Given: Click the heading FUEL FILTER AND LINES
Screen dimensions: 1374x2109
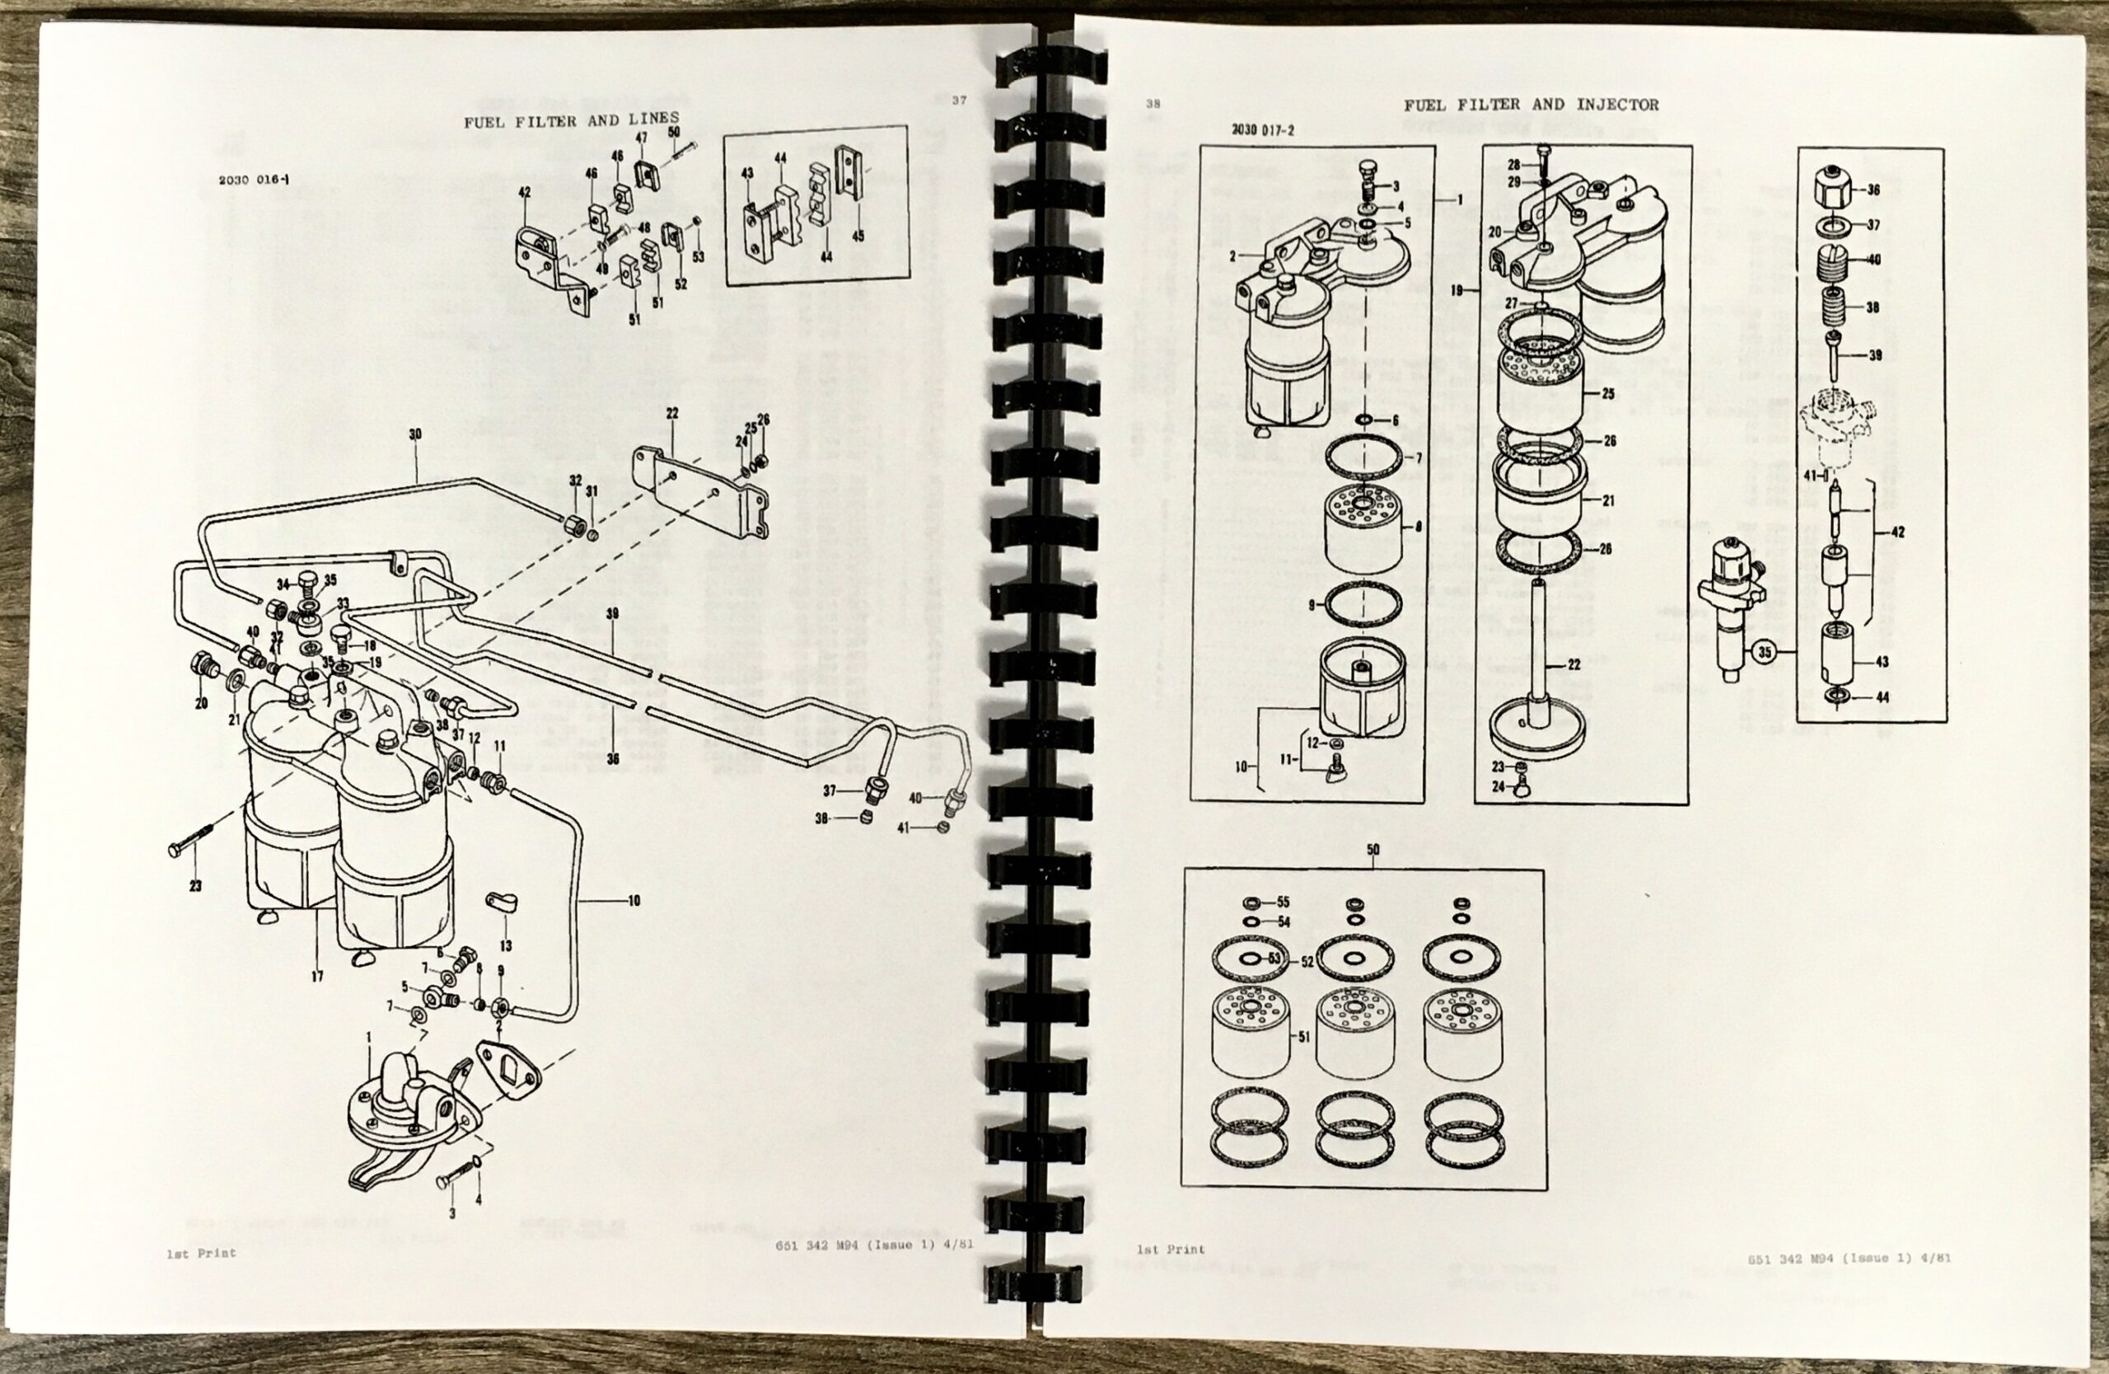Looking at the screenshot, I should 572,120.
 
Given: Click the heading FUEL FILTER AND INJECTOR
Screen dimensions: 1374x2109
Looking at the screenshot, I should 1531,105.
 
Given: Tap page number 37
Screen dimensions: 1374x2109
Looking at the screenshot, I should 960,101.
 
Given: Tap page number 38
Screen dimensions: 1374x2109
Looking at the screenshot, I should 1152,104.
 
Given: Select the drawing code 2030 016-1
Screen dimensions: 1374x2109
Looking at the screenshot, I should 255,180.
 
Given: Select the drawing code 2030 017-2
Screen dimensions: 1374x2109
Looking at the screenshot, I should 1263,129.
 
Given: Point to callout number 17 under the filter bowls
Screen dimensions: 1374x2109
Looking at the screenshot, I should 316,977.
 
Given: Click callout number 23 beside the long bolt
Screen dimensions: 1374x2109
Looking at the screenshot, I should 196,885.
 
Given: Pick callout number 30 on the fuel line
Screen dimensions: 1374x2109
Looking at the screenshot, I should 414,434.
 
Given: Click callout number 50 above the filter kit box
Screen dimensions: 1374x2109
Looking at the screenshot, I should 1372,849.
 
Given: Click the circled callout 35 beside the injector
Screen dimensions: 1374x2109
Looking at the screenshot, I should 1765,654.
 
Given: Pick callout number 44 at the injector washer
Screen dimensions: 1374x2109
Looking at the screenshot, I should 1882,697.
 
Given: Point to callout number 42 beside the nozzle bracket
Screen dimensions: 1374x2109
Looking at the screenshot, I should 1897,532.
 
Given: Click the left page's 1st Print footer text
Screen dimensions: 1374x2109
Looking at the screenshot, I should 201,1254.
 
